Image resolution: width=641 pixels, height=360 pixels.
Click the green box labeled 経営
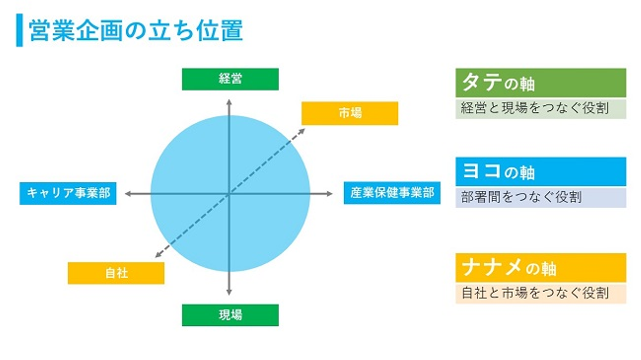pyautogui.click(x=230, y=79)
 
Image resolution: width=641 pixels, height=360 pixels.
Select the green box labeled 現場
pyautogui.click(x=230, y=315)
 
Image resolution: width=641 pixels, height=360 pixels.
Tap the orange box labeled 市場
pyautogui.click(x=349, y=113)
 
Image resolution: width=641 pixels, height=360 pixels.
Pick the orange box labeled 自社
pyautogui.click(x=116, y=273)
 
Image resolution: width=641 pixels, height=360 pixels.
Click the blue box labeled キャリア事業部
pyautogui.click(x=68, y=194)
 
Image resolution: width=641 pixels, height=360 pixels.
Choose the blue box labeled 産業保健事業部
pyautogui.click(x=392, y=194)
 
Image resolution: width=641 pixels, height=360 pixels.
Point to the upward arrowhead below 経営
pyautogui.click(x=229, y=103)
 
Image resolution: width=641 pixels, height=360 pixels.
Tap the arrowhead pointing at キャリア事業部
pyautogui.click(x=127, y=194)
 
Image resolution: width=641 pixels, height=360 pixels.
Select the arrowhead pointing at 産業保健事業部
pyautogui.click(x=329, y=194)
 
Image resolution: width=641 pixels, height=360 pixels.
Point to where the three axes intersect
pyautogui.click(x=229, y=194)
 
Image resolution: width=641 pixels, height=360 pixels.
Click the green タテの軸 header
pyautogui.click(x=540, y=83)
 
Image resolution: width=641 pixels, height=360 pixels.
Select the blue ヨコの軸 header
pyautogui.click(x=540, y=172)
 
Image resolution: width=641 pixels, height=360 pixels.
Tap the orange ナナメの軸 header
pyautogui.click(x=540, y=268)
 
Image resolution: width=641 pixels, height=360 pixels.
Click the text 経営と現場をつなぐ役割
pyautogui.click(x=535, y=109)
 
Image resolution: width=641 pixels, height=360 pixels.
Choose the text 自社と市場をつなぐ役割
pyautogui.click(x=535, y=294)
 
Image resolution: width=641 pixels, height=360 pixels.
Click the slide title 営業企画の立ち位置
pyautogui.click(x=136, y=31)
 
